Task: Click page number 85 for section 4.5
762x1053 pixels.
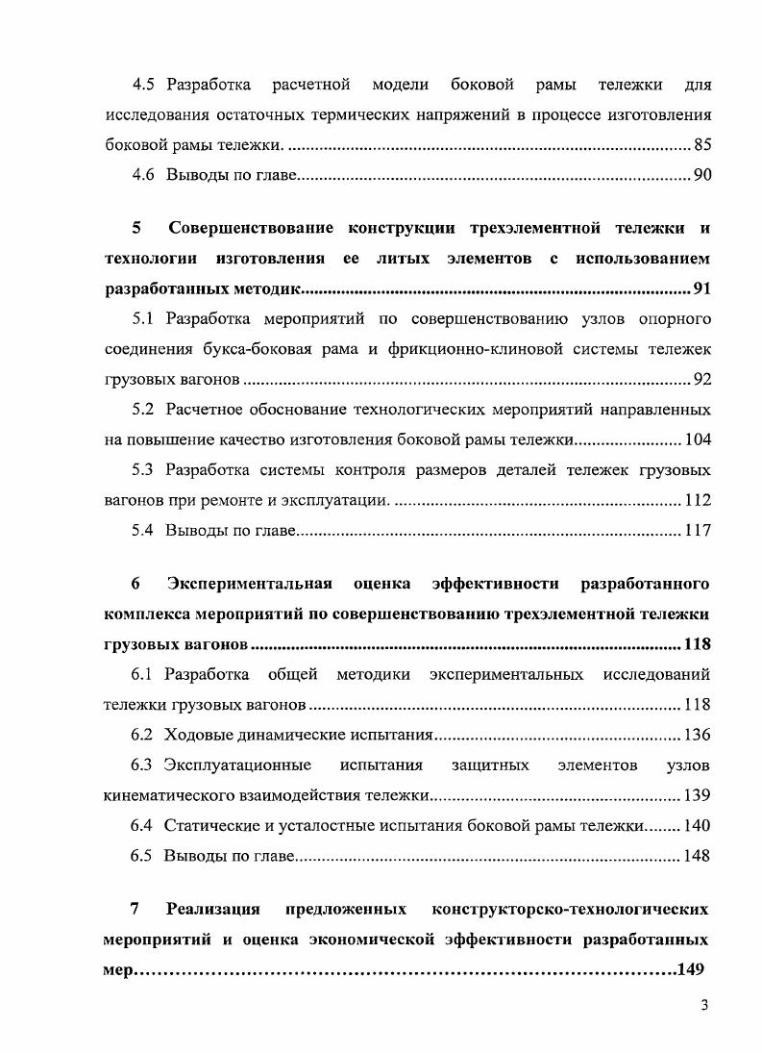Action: (701, 146)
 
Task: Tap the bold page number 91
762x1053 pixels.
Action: (701, 289)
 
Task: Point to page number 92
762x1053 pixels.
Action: (701, 380)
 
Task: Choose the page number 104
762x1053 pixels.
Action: (698, 440)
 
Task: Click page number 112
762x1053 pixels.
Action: (698, 500)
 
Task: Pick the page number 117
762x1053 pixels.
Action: (698, 530)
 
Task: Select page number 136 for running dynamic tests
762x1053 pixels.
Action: (698, 736)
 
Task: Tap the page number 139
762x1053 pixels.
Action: (698, 796)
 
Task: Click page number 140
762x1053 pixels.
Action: (698, 826)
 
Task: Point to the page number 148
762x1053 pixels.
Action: (698, 856)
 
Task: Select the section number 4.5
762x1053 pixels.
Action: (144, 86)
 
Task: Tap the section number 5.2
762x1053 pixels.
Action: (143, 410)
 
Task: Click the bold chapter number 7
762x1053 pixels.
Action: (135, 909)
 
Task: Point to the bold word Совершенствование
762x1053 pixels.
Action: (251, 229)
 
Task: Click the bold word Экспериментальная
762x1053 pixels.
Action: (250, 584)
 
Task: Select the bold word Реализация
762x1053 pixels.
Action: (213, 909)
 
